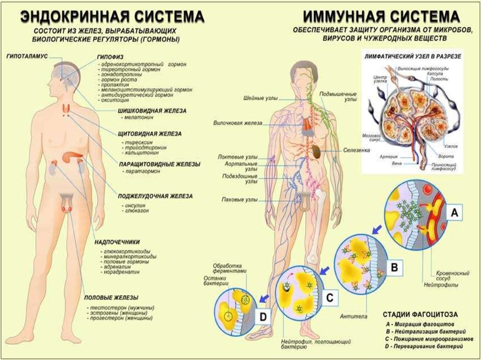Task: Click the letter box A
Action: [x=454, y=214]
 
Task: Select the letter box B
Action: [x=395, y=268]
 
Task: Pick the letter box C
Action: [x=330, y=297]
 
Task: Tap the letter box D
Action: [x=263, y=317]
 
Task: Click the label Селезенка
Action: [x=356, y=151]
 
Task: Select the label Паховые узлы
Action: [x=240, y=199]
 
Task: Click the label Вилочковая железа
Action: [x=238, y=123]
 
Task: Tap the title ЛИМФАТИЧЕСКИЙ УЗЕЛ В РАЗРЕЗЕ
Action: [x=413, y=56]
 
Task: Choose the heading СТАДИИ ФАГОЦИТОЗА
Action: [x=420, y=314]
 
